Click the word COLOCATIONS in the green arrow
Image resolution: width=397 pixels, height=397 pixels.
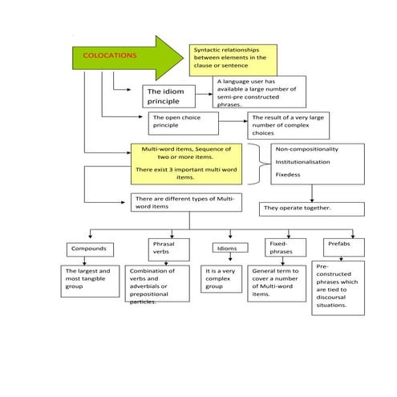coord(110,56)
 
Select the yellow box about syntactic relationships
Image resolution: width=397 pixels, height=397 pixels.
coord(233,59)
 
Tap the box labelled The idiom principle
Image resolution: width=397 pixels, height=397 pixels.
coord(175,97)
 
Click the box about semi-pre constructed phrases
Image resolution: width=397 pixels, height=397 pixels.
coord(259,91)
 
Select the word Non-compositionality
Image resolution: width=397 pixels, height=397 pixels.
coord(306,149)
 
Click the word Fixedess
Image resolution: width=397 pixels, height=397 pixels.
coord(290,174)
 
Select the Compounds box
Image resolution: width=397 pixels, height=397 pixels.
coord(89,249)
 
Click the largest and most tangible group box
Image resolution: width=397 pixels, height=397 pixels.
coord(91,281)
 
